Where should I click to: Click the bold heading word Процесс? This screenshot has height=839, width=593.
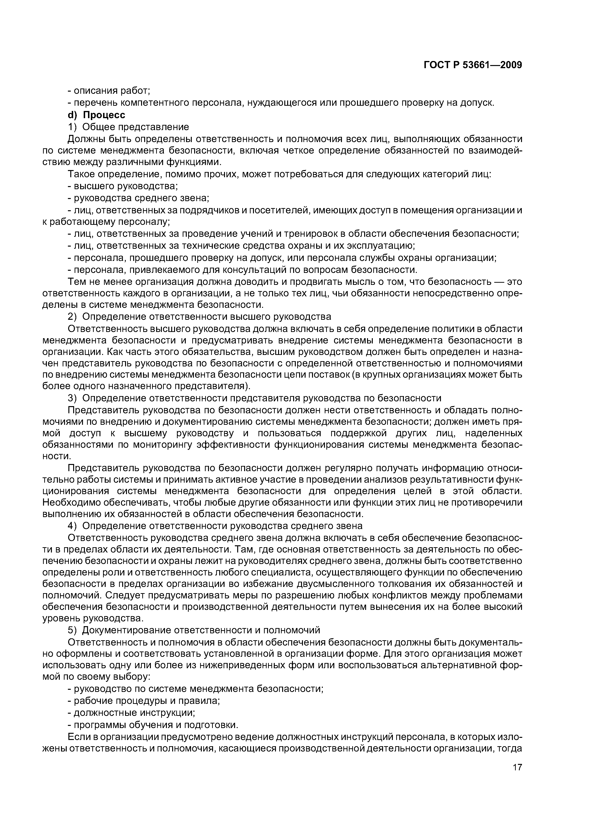(104, 115)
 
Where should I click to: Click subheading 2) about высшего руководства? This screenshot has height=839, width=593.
(199, 316)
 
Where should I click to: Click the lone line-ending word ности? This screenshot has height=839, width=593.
(56, 456)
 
